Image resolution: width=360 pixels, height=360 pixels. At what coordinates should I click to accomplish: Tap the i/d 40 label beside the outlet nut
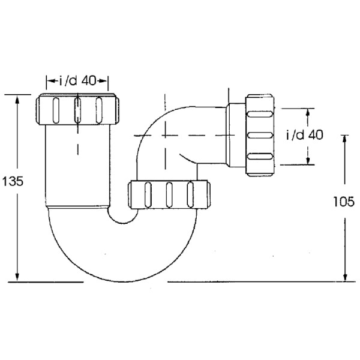pos(304,135)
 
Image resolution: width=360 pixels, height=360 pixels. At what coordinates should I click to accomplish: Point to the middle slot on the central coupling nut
pos(169,194)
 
